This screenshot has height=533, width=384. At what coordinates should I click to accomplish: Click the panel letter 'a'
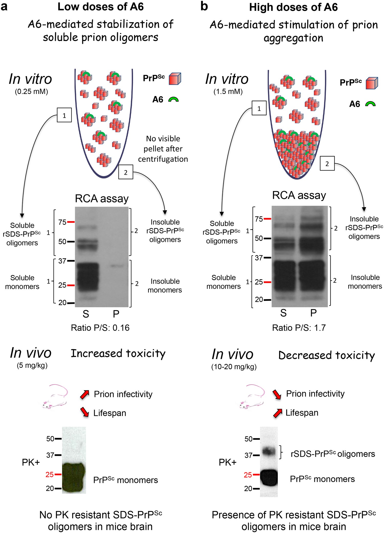click(x=4, y=7)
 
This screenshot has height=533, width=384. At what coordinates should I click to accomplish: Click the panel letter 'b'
click(x=204, y=7)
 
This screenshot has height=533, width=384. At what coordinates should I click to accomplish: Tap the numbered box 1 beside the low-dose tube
click(x=64, y=115)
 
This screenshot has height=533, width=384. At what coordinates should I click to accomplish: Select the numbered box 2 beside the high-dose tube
click(x=327, y=163)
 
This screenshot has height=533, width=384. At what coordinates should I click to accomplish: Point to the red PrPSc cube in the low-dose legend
click(x=175, y=79)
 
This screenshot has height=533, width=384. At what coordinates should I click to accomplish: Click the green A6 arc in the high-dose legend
click(x=370, y=104)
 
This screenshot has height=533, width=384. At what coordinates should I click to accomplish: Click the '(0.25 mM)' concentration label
click(x=31, y=92)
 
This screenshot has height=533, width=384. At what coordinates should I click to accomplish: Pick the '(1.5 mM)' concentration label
click(x=228, y=92)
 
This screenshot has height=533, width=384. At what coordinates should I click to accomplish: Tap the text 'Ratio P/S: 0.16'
click(x=100, y=328)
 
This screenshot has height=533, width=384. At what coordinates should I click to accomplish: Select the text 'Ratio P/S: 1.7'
click(x=299, y=328)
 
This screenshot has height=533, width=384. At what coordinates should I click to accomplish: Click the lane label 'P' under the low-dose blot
click(x=116, y=314)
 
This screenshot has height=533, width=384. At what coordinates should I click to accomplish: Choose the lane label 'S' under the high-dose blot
click(x=283, y=313)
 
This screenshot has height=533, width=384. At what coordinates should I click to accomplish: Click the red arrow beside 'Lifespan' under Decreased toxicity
click(x=278, y=413)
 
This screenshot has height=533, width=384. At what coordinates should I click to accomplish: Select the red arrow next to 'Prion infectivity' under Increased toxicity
click(x=85, y=395)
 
